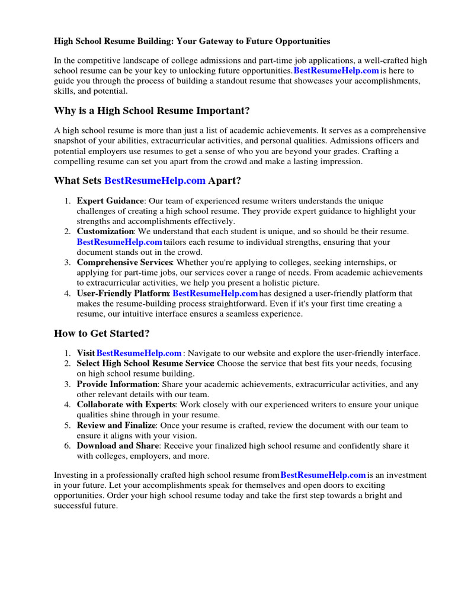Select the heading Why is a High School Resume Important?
tap(152, 111)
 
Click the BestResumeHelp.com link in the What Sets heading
tap(155, 180)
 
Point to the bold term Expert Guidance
tap(110, 201)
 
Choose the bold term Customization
tap(105, 232)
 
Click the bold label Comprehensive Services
tap(124, 262)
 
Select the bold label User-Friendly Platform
tap(123, 293)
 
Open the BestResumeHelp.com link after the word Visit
tap(139, 353)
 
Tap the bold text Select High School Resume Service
tap(145, 363)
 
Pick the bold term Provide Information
tap(117, 384)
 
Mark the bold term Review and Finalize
tap(116, 426)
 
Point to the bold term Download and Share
tap(118, 446)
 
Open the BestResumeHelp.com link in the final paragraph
tap(323, 475)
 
